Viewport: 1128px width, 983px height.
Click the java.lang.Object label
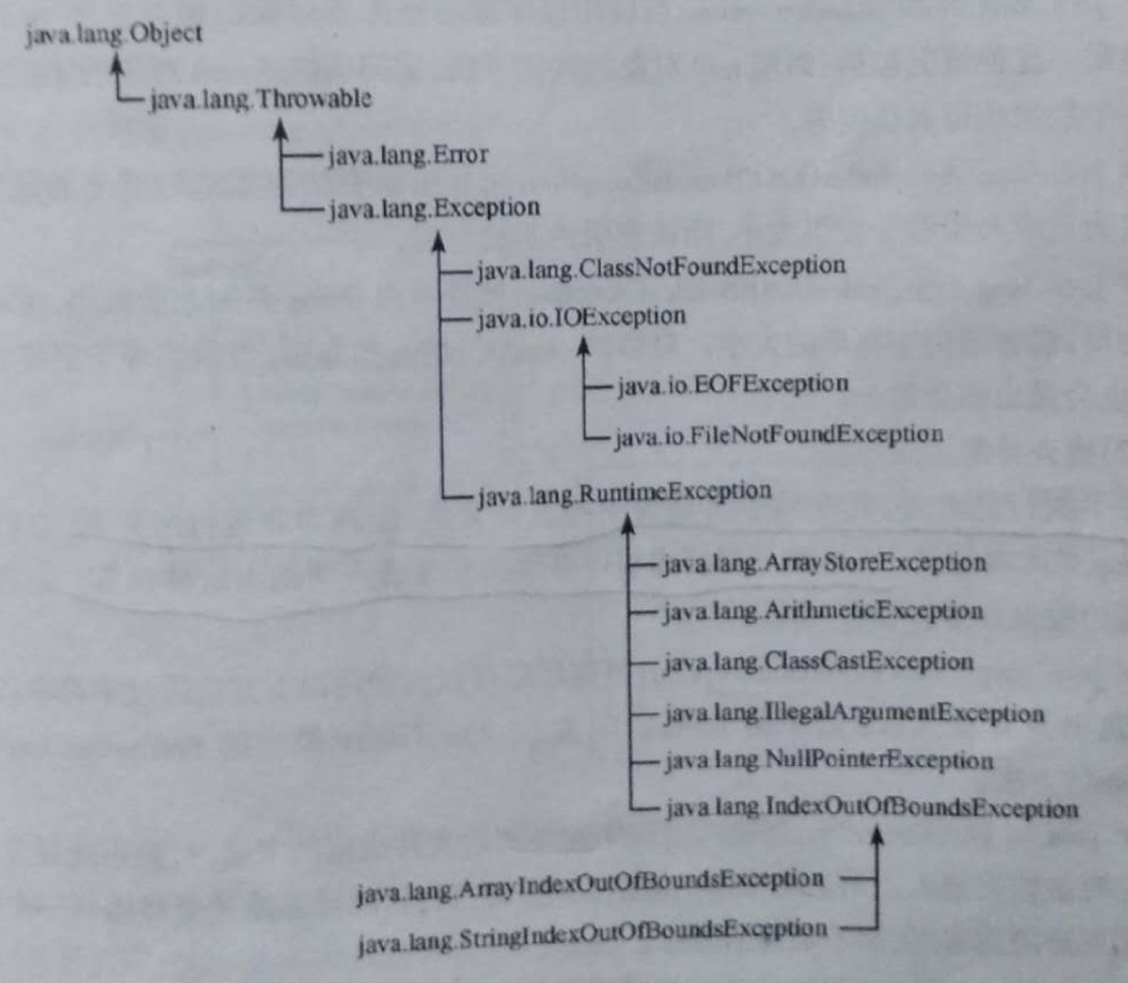pos(113,35)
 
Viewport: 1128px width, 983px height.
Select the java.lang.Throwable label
pos(260,98)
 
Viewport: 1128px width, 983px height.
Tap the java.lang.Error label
pos(407,154)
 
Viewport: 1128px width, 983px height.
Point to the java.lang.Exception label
pos(433,208)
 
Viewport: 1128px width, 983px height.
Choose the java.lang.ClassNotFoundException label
pos(659,266)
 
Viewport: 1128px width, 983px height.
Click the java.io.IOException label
pos(580,316)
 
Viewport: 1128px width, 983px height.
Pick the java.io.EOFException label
pos(732,385)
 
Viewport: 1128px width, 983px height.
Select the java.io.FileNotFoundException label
pos(778,435)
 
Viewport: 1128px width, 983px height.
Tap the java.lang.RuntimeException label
pos(623,492)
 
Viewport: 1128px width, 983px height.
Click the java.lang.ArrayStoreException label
pos(824,563)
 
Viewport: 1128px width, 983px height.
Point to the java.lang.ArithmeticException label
pos(822,611)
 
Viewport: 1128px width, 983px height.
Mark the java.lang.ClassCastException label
pos(817,662)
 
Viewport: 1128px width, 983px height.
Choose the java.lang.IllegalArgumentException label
pos(853,713)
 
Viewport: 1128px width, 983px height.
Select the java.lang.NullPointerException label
pos(827,761)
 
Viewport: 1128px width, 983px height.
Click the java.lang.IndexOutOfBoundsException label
pos(871,810)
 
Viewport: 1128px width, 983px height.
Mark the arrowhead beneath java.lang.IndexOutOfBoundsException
pos(877,835)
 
